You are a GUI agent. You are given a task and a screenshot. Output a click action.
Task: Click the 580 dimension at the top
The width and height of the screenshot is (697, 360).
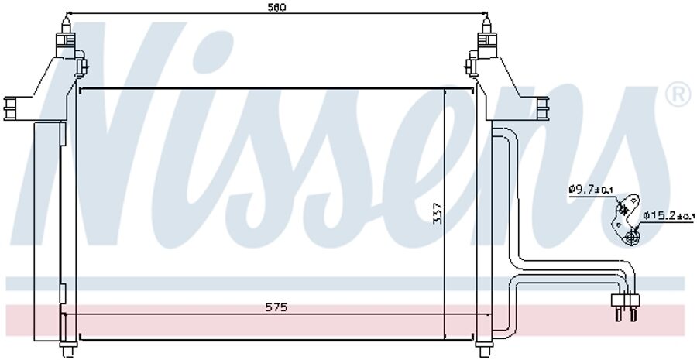pos(276,8)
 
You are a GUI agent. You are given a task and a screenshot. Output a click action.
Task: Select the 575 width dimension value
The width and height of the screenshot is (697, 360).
pos(276,307)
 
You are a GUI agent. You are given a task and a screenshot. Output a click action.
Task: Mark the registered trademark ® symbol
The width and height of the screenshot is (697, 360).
pos(678,95)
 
